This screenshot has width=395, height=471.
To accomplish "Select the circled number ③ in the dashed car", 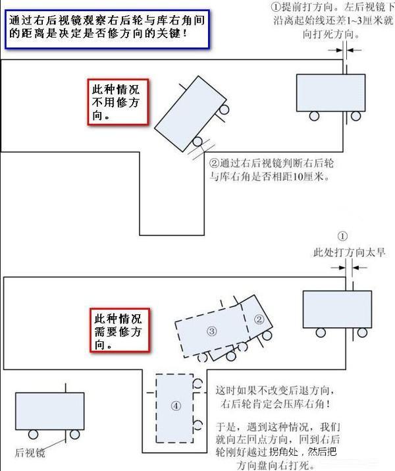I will click(212, 331).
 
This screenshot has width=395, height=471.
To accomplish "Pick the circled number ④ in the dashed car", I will click(175, 406).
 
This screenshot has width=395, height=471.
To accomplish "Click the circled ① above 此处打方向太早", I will click(342, 236).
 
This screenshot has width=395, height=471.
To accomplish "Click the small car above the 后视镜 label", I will click(49, 411).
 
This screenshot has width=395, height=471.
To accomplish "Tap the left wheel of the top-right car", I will click(313, 117).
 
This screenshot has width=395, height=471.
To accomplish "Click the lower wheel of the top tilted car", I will click(197, 142).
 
